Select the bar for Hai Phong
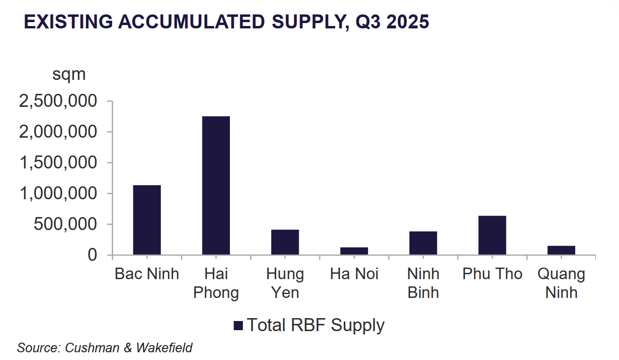click(216, 185)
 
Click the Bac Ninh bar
click(147, 220)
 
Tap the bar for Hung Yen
click(285, 242)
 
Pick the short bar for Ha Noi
click(354, 251)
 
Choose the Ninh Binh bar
click(423, 243)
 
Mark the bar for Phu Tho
click(492, 235)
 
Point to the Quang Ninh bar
click(561, 250)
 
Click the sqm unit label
click(69, 75)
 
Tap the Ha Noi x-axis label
click(354, 274)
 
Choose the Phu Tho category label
click(492, 274)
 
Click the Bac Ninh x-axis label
click(147, 274)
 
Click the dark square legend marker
click(238, 326)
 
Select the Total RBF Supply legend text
click(316, 325)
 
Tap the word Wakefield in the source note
click(164, 347)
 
